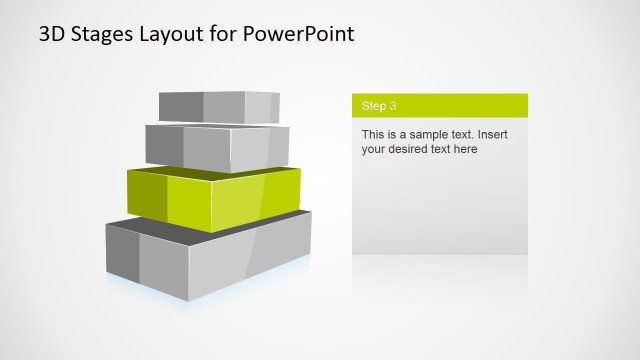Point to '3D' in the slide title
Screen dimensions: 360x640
click(x=53, y=35)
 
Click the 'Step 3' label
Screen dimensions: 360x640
click(x=379, y=105)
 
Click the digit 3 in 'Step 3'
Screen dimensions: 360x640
click(x=393, y=105)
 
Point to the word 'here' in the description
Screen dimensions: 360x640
click(x=465, y=149)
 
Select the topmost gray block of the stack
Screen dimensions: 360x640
click(x=220, y=106)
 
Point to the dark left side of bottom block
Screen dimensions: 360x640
click(x=122, y=254)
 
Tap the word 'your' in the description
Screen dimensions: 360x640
click(x=374, y=149)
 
